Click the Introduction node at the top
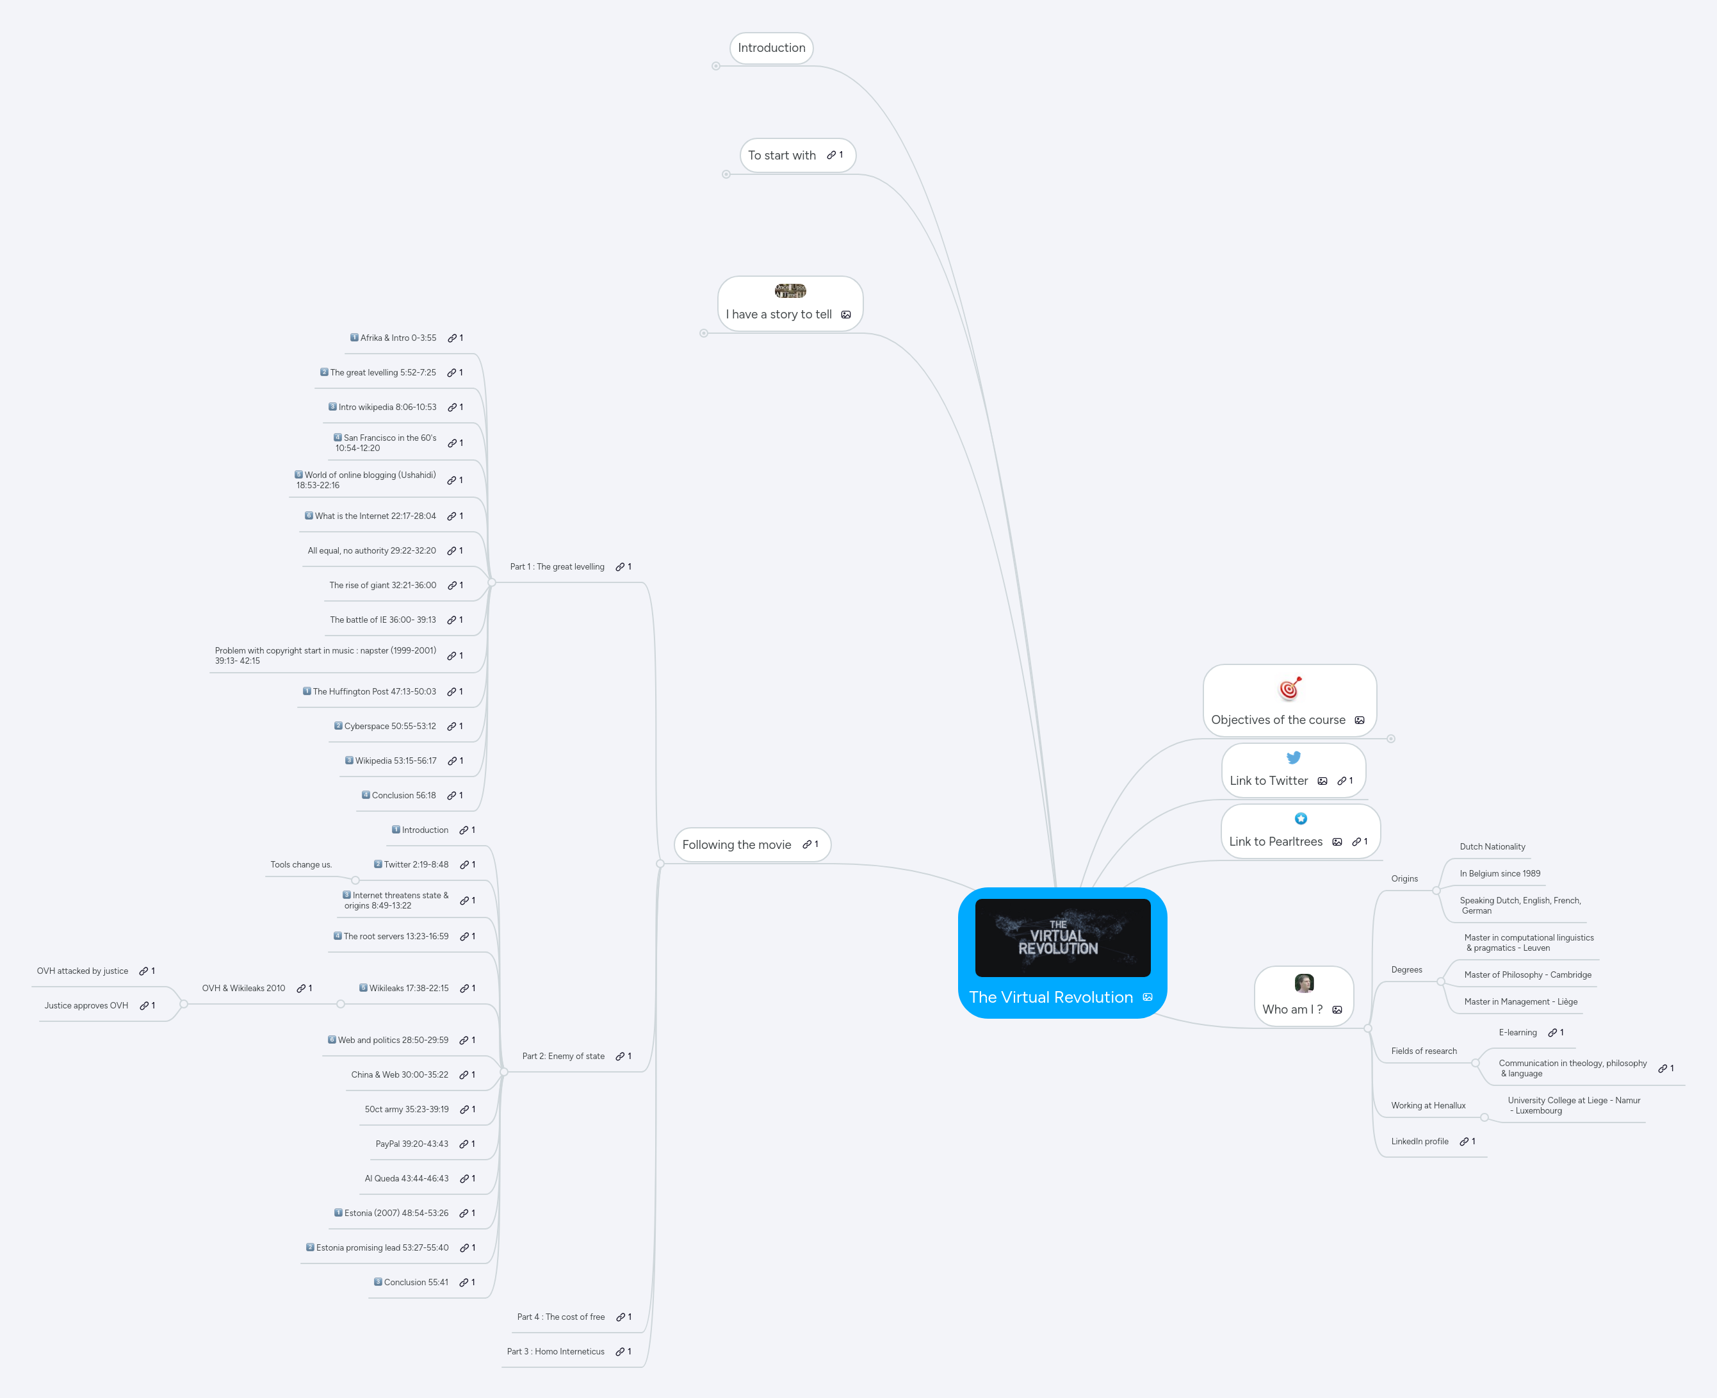click(x=771, y=47)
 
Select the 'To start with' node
click(x=781, y=156)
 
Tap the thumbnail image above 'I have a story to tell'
click(x=790, y=291)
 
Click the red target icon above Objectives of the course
click(x=1290, y=689)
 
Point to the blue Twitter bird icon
click(x=1293, y=758)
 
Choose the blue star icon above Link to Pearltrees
click(x=1300, y=819)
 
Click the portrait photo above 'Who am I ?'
click(x=1303, y=983)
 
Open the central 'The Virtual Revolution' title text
click(x=1050, y=997)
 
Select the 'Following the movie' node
click(x=736, y=845)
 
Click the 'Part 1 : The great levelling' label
click(x=557, y=567)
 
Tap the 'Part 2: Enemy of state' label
click(x=563, y=1057)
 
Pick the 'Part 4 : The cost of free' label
click(x=560, y=1317)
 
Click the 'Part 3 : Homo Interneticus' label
click(x=555, y=1352)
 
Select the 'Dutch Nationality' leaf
click(x=1492, y=847)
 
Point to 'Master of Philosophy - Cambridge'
click(x=1527, y=975)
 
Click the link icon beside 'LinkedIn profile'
click(x=1464, y=1142)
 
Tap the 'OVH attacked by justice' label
click(x=82, y=971)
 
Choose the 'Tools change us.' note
click(x=301, y=865)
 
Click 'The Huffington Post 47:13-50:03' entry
click(x=373, y=692)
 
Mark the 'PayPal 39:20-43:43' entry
click(x=411, y=1144)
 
